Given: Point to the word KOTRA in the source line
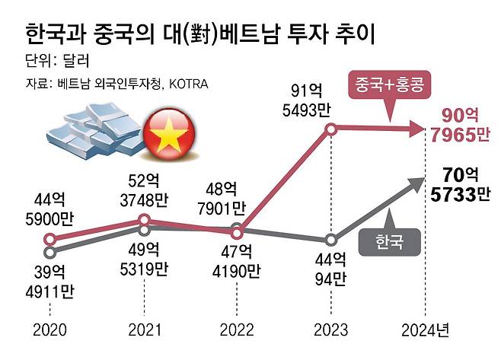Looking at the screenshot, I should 187,84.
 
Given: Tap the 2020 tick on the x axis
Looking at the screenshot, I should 49,330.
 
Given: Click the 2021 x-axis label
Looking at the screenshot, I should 144,330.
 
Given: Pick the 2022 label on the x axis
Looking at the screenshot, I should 238,330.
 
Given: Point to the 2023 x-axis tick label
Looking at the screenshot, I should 331,330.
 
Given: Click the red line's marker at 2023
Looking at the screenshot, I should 331,129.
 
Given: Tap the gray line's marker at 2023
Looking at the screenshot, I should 331,239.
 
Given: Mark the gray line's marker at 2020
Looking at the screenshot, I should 49,251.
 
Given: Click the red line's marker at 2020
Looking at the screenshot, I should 49,239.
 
